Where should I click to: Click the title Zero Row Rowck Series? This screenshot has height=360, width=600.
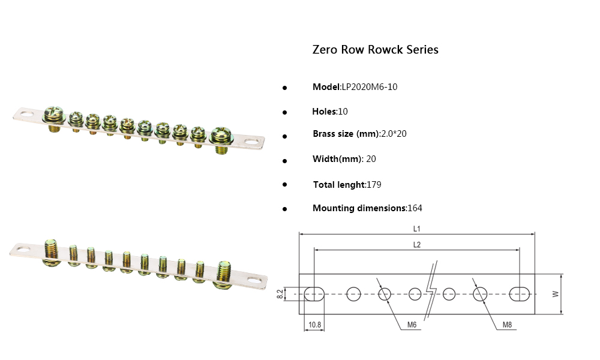pos(375,50)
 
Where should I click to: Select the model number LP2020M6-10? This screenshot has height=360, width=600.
pos(369,87)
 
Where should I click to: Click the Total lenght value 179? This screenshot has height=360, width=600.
pos(374,185)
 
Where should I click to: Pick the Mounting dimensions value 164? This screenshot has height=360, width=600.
pos(415,208)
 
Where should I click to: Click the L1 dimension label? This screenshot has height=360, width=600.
pos(416,229)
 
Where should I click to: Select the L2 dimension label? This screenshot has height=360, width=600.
pos(416,244)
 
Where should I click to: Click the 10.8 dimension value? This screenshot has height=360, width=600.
pos(314,325)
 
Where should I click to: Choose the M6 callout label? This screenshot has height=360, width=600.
pos(412,325)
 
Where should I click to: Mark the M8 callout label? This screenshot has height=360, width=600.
pos(507,325)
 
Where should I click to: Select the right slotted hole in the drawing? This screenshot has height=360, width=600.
pos(519,293)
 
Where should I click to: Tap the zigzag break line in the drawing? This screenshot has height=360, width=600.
pos(431,293)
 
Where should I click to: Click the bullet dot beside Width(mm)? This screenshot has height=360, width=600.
pos(285,160)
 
